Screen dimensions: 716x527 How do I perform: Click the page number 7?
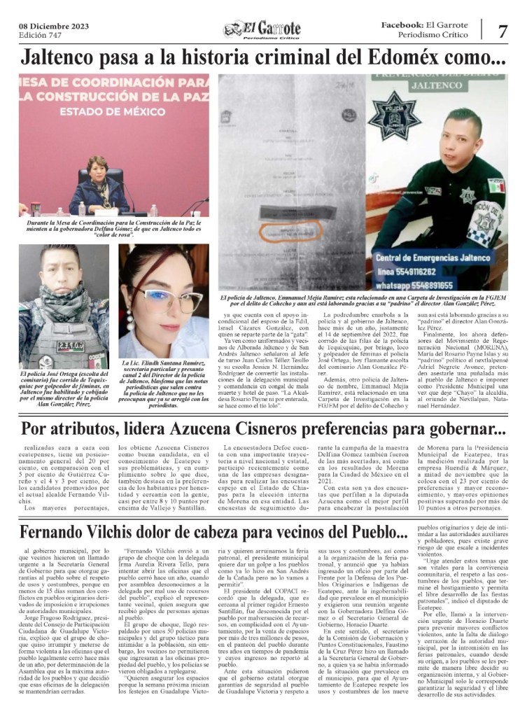(x=503, y=31)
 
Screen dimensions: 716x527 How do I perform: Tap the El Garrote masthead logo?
(x=262, y=29)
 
